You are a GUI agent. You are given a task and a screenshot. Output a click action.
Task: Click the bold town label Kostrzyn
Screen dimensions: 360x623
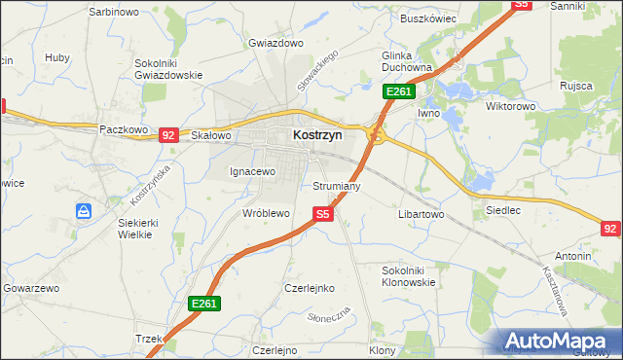tap(317, 137)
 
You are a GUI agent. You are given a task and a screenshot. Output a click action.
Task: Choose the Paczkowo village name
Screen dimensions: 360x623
tap(124, 128)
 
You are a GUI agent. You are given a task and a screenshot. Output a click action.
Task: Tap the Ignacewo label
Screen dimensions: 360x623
tap(253, 171)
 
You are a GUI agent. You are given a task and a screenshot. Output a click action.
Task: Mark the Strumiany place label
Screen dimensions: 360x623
tap(337, 185)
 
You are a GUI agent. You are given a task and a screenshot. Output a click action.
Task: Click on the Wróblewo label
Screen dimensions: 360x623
tap(266, 212)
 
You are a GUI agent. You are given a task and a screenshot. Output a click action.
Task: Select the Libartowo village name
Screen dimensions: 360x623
tap(421, 213)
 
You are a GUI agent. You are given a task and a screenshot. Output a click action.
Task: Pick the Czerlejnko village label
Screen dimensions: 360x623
tap(310, 288)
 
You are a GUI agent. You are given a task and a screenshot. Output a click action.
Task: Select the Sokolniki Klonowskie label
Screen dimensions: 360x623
tap(409, 275)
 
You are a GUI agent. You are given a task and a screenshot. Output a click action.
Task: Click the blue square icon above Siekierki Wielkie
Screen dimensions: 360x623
tap(85, 210)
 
